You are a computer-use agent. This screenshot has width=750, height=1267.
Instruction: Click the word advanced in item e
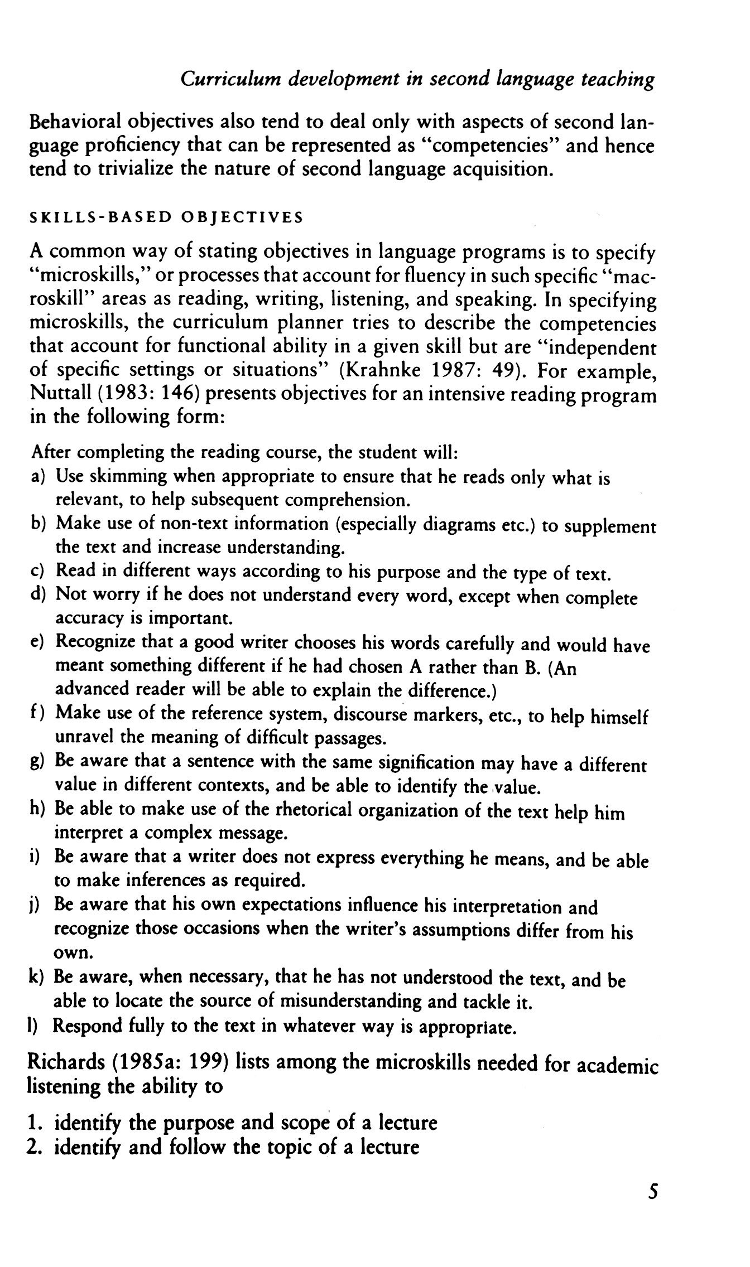93,690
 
